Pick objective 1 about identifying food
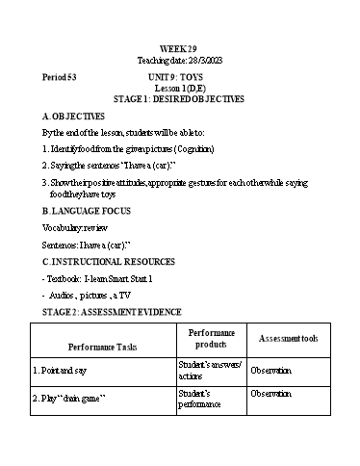pyautogui.click(x=128, y=149)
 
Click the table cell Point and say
pyautogui.click(x=66, y=369)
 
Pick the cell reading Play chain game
pyautogui.click(x=69, y=398)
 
